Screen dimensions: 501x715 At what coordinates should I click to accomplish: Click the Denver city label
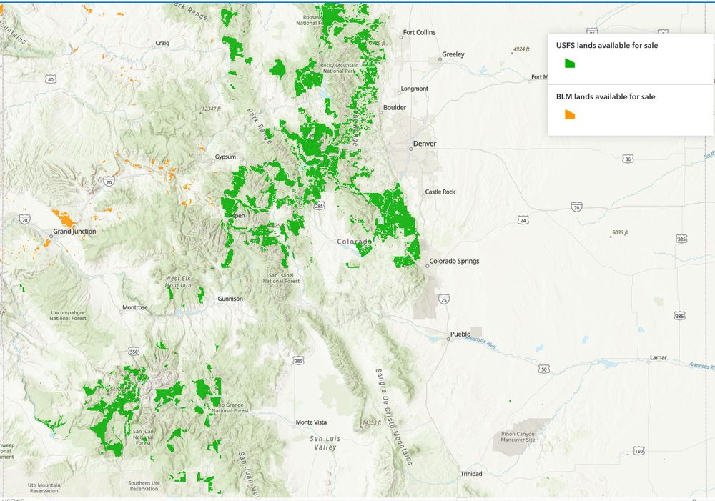[x=424, y=144]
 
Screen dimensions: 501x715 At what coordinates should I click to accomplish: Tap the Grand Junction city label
[x=74, y=232]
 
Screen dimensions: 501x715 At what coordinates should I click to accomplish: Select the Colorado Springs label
[x=454, y=261]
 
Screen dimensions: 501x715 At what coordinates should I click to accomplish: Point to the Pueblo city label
[x=460, y=334]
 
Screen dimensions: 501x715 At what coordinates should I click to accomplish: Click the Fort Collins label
[x=419, y=32]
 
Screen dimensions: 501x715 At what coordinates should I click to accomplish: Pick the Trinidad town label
[x=471, y=474]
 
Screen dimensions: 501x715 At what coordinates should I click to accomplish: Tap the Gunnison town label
[x=230, y=299]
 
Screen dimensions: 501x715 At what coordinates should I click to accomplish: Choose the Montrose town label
[x=135, y=307]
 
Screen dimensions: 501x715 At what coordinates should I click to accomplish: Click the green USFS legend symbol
[x=570, y=63]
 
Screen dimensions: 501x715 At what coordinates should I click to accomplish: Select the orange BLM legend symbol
[x=570, y=114]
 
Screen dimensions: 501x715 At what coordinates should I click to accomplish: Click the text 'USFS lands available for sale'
[x=607, y=46]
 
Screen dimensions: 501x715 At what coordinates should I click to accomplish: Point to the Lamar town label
[x=658, y=357]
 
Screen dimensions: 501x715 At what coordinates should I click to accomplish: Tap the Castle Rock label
[x=440, y=192]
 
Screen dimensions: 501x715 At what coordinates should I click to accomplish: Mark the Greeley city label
[x=453, y=54]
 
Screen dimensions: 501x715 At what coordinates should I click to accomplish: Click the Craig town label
[x=162, y=43]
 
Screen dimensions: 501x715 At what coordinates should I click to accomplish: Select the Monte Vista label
[x=311, y=422]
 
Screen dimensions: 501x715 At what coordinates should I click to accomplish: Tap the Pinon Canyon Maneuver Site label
[x=518, y=437]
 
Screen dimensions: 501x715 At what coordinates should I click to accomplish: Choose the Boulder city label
[x=395, y=108]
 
